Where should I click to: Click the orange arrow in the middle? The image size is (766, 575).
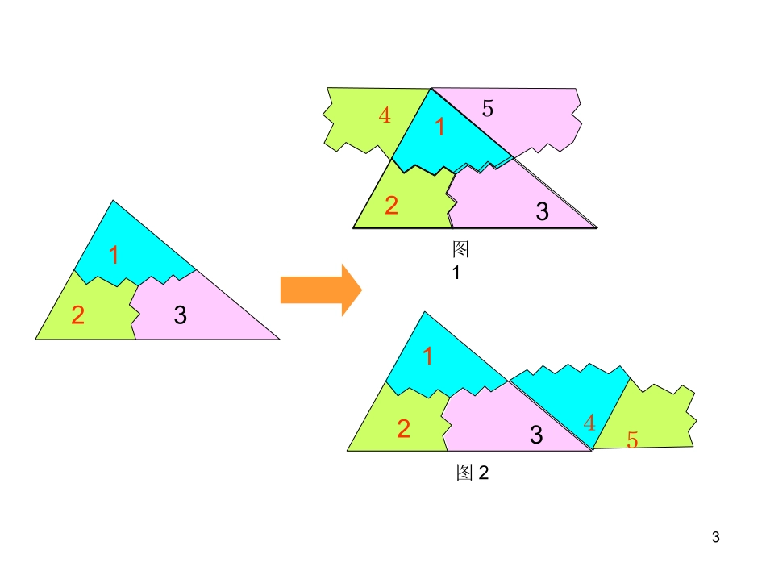click(x=320, y=290)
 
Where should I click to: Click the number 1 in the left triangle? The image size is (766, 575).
click(x=114, y=255)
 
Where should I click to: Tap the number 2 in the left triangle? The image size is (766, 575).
click(x=77, y=315)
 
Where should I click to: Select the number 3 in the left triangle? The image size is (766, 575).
click(x=181, y=315)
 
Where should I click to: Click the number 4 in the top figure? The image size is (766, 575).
click(x=385, y=115)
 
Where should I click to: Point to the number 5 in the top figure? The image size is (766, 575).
click(x=488, y=108)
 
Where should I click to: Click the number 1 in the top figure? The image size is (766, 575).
click(x=439, y=127)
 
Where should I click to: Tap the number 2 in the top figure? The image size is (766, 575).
click(x=391, y=206)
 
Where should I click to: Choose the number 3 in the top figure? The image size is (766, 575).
click(x=543, y=212)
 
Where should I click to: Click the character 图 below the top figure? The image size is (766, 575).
click(x=460, y=248)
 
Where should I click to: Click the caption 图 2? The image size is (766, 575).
click(x=473, y=473)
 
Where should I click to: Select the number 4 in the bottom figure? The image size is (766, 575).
click(x=589, y=423)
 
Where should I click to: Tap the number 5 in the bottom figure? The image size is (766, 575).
click(x=632, y=440)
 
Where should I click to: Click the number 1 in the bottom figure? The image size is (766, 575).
click(x=428, y=356)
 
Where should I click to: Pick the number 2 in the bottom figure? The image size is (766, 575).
click(x=403, y=429)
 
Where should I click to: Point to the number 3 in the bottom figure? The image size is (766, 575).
click(x=536, y=435)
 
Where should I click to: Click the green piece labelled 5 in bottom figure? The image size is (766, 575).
click(x=657, y=415)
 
